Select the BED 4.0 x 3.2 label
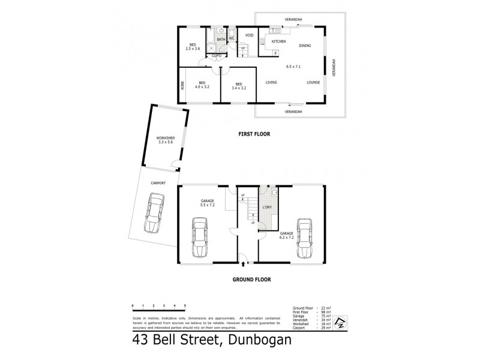(202, 85)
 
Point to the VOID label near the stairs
(250, 35)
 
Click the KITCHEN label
(278, 41)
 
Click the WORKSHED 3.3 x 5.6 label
(160, 140)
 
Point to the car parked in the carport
(154, 213)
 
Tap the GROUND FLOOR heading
(252, 279)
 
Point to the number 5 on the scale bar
(185, 305)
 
